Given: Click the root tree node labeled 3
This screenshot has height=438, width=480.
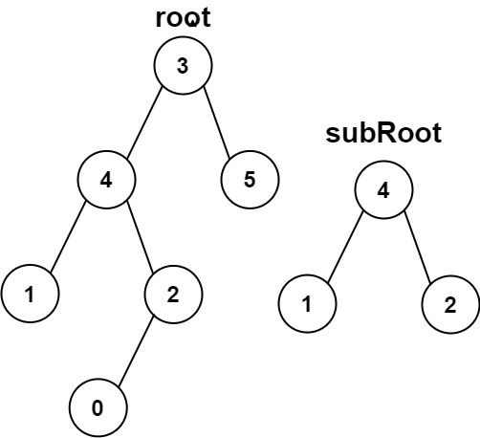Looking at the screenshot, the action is pyautogui.click(x=183, y=66).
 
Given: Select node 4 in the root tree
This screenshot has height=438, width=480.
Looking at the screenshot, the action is pyautogui.click(x=106, y=180).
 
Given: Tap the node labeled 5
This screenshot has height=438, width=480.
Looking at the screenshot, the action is pyautogui.click(x=250, y=180).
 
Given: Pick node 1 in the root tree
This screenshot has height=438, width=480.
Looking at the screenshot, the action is pyautogui.click(x=30, y=294).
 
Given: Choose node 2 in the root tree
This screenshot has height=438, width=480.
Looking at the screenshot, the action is pyautogui.click(x=173, y=294).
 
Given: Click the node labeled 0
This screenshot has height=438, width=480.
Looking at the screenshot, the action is pyautogui.click(x=98, y=407).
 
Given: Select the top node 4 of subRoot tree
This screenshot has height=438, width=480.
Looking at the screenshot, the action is pyautogui.click(x=383, y=190).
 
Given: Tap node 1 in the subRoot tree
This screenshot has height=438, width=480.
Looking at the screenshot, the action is pyautogui.click(x=307, y=304).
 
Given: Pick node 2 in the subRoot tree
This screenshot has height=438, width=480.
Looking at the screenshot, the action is pyautogui.click(x=450, y=304).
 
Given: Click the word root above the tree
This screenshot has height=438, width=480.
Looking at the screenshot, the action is pyautogui.click(x=184, y=18).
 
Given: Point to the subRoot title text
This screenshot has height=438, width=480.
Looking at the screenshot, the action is pyautogui.click(x=383, y=133).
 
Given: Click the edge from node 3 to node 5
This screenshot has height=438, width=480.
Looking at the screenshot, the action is pyautogui.click(x=216, y=121).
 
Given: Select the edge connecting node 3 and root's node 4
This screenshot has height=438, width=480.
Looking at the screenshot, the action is pyautogui.click(x=144, y=122).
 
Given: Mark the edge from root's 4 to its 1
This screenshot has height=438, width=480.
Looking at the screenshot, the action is pyautogui.click(x=68, y=237).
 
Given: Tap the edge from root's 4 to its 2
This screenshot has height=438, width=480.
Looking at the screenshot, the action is pyautogui.click(x=141, y=236).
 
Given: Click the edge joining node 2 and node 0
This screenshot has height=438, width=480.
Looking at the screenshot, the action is pyautogui.click(x=136, y=351).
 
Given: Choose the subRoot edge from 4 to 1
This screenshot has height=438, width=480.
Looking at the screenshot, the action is pyautogui.click(x=345, y=247).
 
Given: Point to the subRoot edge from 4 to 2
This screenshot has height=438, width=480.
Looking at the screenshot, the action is pyautogui.click(x=418, y=247).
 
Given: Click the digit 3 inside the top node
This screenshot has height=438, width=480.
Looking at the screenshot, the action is pyautogui.click(x=183, y=66).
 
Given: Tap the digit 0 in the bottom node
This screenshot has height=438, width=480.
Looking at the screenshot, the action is pyautogui.click(x=98, y=408).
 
